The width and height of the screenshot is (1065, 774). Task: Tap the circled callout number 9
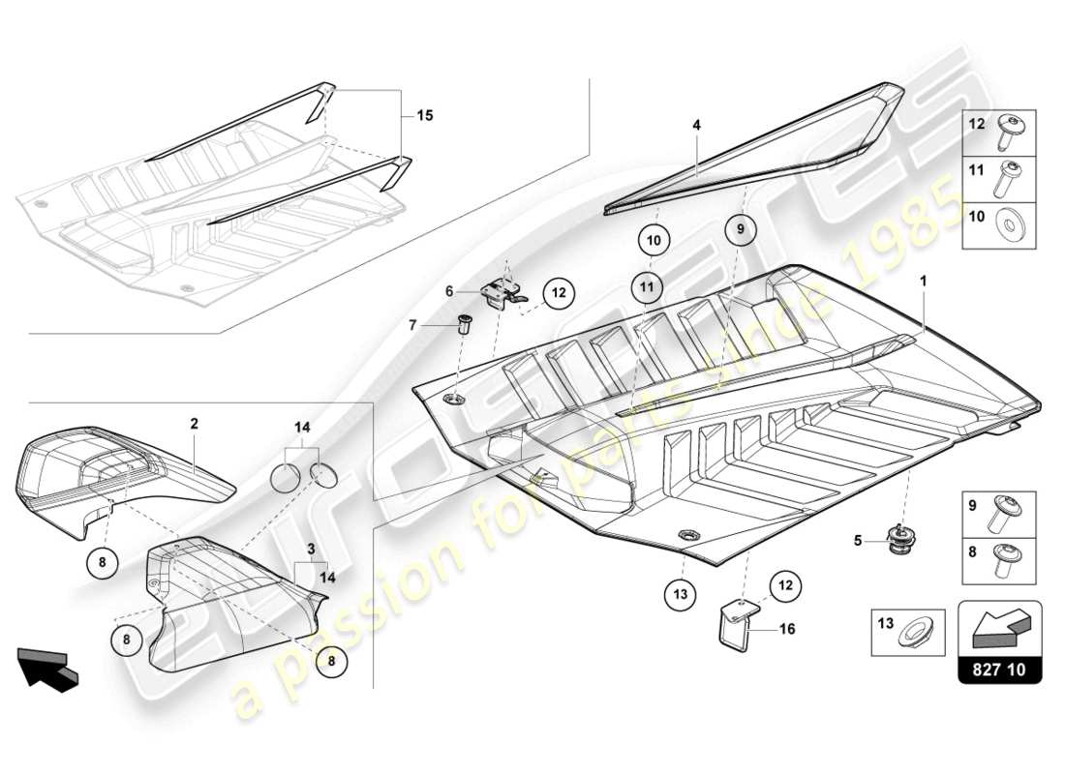(x=741, y=230)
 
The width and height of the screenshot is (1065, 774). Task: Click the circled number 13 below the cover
(x=681, y=593)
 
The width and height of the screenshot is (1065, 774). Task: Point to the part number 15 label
(x=424, y=115)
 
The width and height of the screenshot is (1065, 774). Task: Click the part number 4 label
(x=695, y=125)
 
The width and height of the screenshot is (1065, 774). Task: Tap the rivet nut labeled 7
(x=464, y=324)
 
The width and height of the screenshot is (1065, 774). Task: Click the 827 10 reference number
(x=1000, y=669)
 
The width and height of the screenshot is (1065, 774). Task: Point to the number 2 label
(x=194, y=424)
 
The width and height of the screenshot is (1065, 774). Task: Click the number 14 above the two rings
(x=303, y=426)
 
